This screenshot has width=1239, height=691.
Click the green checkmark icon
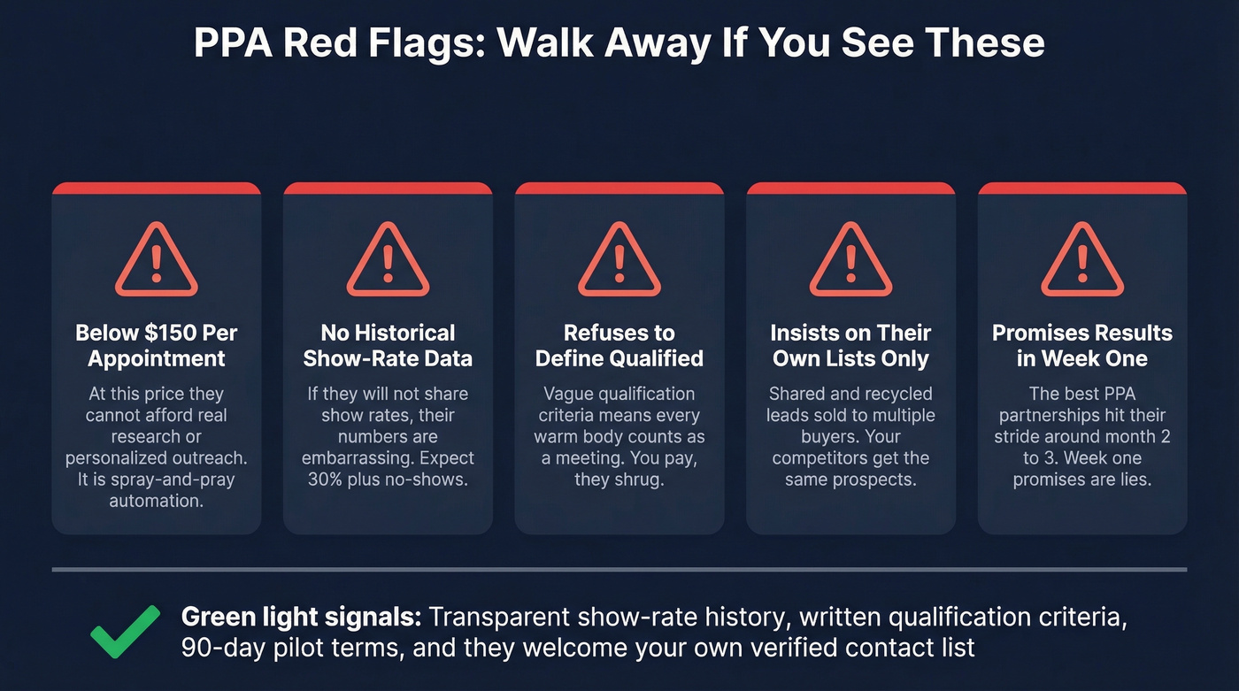126,632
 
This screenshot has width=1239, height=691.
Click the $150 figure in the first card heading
168,334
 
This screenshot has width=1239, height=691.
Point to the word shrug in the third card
646,479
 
